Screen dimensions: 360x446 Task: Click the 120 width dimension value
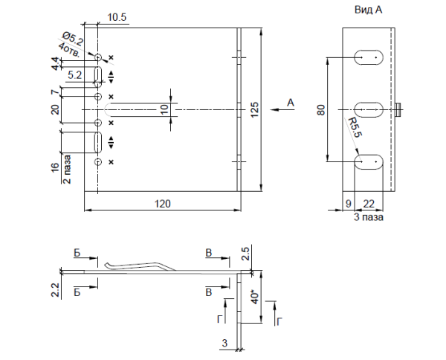pyautogui.click(x=160, y=202)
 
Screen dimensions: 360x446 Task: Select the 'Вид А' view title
pyautogui.click(x=364, y=12)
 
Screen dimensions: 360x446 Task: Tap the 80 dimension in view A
pyautogui.click(x=321, y=109)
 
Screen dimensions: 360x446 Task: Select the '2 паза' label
pyautogui.click(x=67, y=168)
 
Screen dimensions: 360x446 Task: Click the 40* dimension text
pyautogui.click(x=255, y=298)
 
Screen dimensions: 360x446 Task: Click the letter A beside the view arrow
pyautogui.click(x=291, y=101)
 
